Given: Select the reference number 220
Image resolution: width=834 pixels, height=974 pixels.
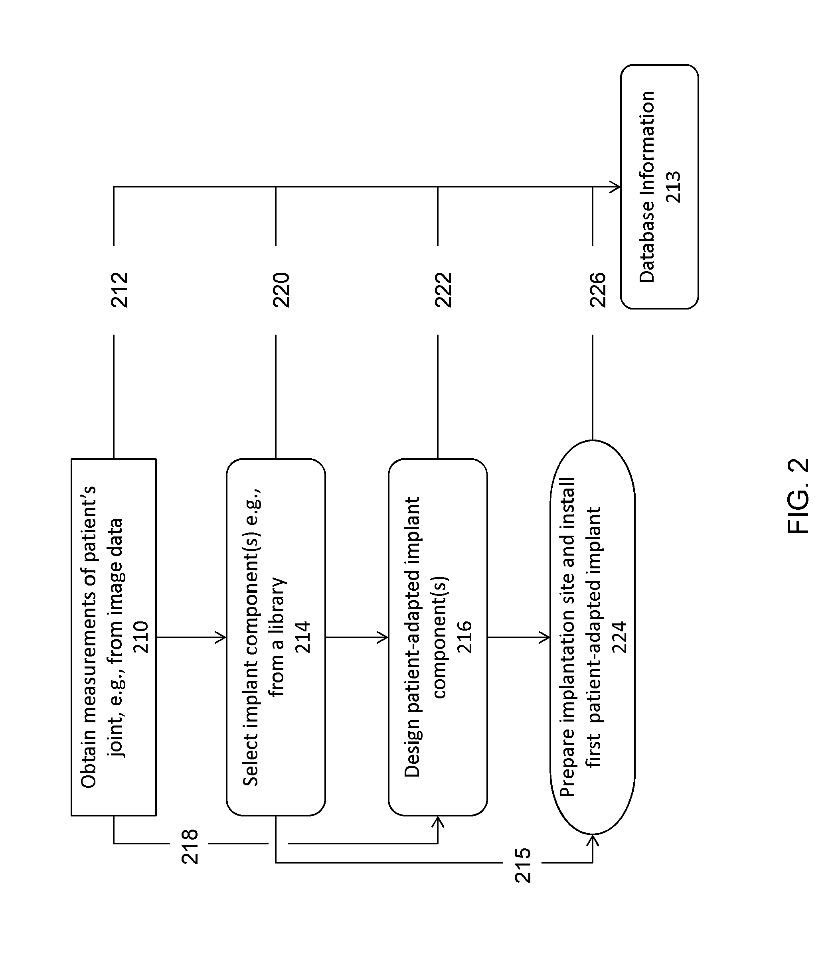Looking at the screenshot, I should pyautogui.click(x=281, y=290).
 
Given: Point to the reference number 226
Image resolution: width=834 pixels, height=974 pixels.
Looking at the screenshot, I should pyautogui.click(x=597, y=290).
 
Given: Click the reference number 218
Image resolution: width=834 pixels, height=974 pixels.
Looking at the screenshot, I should pyautogui.click(x=190, y=847).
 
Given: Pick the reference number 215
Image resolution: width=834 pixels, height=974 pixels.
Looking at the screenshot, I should pyautogui.click(x=523, y=866).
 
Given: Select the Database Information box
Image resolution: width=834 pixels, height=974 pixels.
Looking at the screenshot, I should pyautogui.click(x=659, y=187).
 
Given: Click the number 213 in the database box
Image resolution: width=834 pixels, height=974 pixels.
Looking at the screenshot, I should pyautogui.click(x=673, y=187).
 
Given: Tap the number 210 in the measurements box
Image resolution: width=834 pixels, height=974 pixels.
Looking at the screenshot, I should pyautogui.click(x=141, y=637).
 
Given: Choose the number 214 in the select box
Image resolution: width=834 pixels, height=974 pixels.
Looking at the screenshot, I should pyautogui.click(x=303, y=637).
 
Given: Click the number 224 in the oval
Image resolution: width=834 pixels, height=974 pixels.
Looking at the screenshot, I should pyautogui.click(x=619, y=637).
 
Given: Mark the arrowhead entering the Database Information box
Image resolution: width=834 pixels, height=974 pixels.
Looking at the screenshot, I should pyautogui.click(x=616, y=187).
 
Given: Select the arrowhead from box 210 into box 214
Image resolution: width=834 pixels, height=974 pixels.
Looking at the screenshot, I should pyautogui.click(x=221, y=637).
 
